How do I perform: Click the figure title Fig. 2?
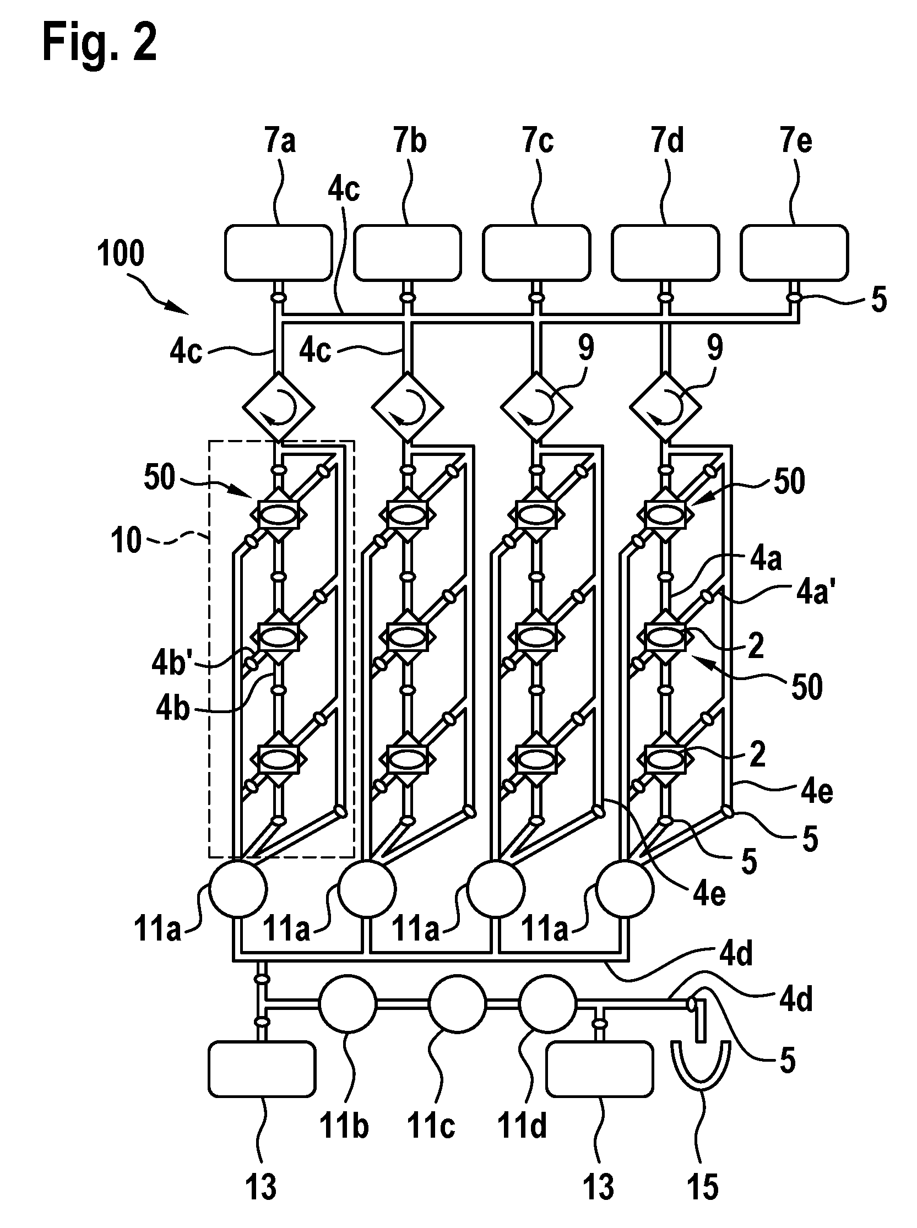[x=100, y=43]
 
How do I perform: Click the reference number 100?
[x=121, y=254]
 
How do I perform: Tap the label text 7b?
[x=410, y=141]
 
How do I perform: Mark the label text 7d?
[x=668, y=141]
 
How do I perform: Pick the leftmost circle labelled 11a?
[x=238, y=889]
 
